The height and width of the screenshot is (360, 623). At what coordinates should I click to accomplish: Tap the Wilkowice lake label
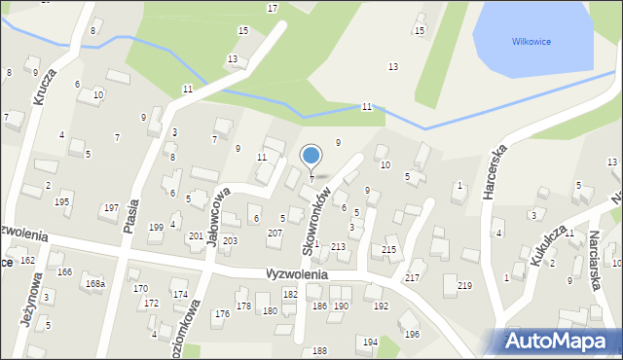pos(531,41)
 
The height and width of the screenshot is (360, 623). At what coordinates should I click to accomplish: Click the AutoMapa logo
pos(559,341)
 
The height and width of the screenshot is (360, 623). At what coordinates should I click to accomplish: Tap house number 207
pos(275,234)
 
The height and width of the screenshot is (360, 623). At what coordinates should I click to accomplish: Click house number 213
pos(338,247)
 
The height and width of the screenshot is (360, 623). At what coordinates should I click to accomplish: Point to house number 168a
pos(94,283)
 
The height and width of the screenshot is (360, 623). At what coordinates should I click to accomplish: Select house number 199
pos(156,227)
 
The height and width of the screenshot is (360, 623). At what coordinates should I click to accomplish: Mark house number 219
pos(464,285)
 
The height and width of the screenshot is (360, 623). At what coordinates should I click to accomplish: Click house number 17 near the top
pos(272,8)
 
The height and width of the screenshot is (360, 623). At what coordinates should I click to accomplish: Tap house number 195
pos(61,201)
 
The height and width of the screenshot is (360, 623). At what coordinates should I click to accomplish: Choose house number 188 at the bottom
pos(319,350)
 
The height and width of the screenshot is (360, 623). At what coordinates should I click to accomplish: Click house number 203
pos(230,240)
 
